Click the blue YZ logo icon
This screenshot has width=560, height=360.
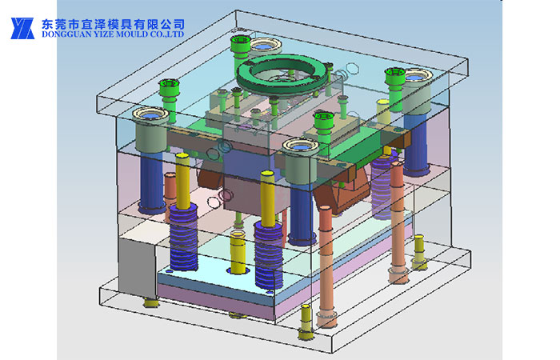tap(22, 28)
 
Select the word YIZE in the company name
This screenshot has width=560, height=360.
tap(93, 34)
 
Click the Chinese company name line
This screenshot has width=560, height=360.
tap(113, 24)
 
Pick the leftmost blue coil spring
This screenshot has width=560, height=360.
tap(183, 237)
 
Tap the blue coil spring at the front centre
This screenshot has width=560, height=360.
tap(269, 254)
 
